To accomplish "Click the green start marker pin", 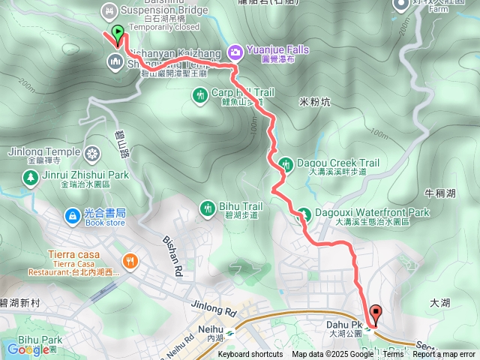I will click(x=118, y=33).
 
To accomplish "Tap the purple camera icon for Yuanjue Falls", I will click(x=236, y=51).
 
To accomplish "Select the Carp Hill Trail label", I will click(x=238, y=92).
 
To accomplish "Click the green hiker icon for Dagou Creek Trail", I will click(x=285, y=163).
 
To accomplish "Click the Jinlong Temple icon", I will click(x=93, y=153).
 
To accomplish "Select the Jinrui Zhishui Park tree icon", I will click(x=30, y=177).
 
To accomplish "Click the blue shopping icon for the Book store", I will click(x=72, y=215).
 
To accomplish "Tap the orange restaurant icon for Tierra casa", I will click(x=130, y=261).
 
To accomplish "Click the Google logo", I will click(x=28, y=349).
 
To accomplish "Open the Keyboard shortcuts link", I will click(x=250, y=354).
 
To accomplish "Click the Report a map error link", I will click(x=445, y=354).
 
